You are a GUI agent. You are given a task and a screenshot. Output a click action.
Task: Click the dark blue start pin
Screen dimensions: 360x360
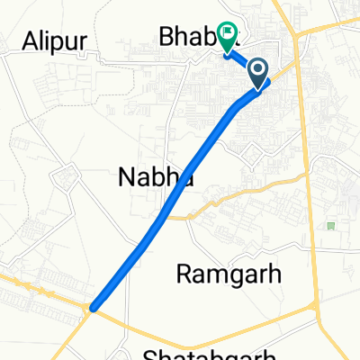[258, 72]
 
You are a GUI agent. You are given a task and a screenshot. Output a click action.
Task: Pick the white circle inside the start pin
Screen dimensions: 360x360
[258, 68]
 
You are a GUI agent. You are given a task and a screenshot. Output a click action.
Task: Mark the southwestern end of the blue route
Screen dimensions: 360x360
[94, 308]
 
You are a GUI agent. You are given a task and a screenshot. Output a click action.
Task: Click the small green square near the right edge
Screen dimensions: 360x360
[331, 225]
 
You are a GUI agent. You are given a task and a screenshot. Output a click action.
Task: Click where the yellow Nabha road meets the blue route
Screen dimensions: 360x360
[163, 217]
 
